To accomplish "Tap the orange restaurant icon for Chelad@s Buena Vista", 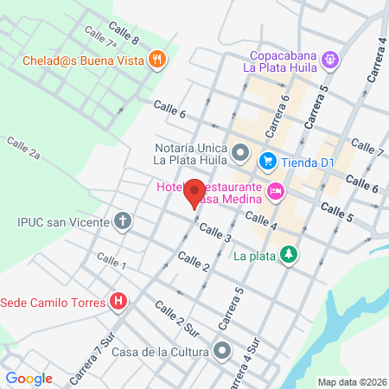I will pos(156,60).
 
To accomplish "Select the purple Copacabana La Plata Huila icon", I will pos(329,60).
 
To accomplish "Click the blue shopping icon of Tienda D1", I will pos(268,160).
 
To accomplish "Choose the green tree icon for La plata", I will pos(290,255).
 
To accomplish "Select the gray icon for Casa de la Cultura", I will pos(223,351).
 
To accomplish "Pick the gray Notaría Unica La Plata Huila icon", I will pos(241,155).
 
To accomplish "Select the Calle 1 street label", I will pos(112,259).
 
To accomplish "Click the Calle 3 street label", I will pos(215,233).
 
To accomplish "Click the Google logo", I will pos(29,378).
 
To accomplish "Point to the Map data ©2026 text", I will pos(350,382).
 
